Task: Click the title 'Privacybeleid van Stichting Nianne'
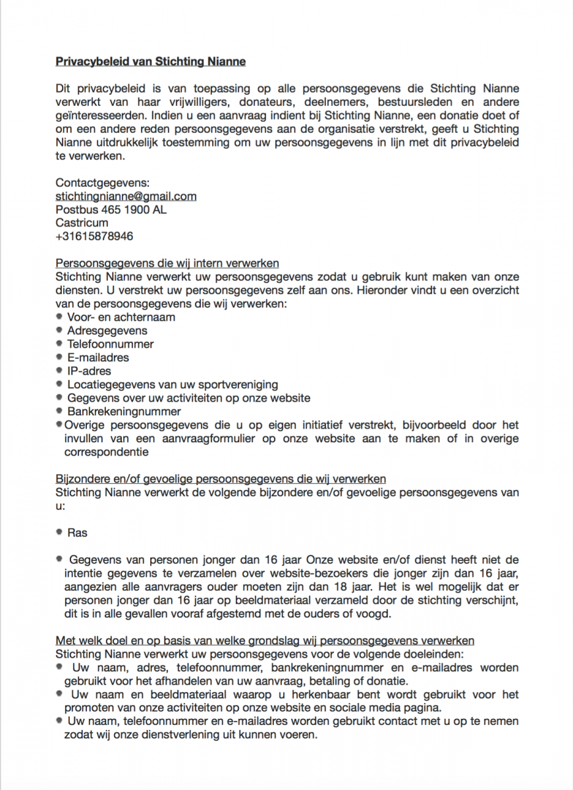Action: pyautogui.click(x=151, y=62)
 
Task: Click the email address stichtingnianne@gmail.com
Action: pyautogui.click(x=126, y=196)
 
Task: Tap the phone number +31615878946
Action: pyautogui.click(x=94, y=236)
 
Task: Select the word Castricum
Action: pyautogui.click(x=82, y=223)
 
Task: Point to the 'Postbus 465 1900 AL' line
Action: pyautogui.click(x=111, y=209)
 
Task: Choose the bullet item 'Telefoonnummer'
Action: pyautogui.click(x=111, y=344)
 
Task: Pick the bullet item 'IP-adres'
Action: pyautogui.click(x=89, y=371)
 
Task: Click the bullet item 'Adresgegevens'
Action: pyautogui.click(x=107, y=330)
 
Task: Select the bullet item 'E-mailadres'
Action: pyautogui.click(x=98, y=357)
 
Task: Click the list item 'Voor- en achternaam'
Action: pyautogui.click(x=121, y=317)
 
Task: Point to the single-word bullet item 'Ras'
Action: pyautogui.click(x=77, y=533)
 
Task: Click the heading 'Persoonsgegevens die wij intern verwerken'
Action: pyautogui.click(x=167, y=263)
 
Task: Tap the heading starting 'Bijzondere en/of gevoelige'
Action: pyautogui.click(x=221, y=479)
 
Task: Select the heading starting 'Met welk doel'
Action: pyautogui.click(x=265, y=641)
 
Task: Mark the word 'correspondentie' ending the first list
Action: pyautogui.click(x=106, y=452)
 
